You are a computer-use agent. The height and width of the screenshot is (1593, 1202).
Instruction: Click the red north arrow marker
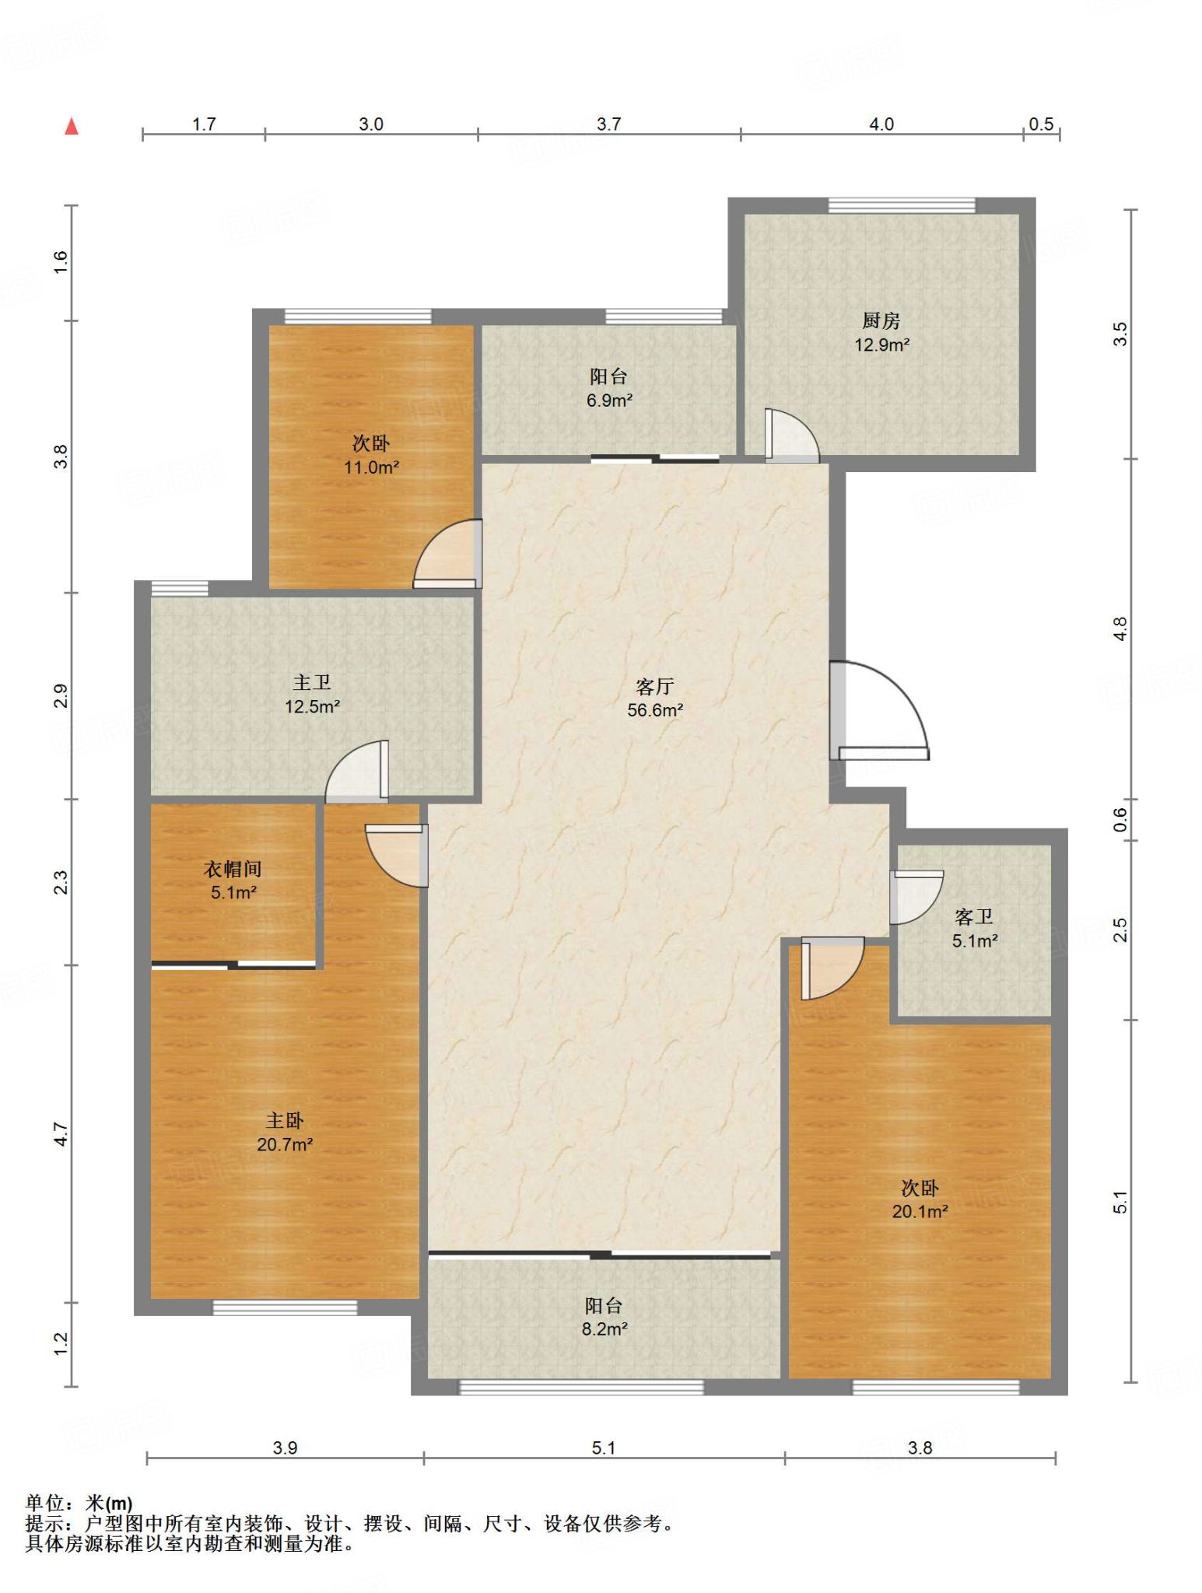point(72,126)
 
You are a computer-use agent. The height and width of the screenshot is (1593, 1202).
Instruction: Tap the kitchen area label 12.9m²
point(882,345)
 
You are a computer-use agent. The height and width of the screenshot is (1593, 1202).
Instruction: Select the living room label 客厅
point(654,687)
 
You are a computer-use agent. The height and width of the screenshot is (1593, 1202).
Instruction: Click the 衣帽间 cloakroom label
point(233,869)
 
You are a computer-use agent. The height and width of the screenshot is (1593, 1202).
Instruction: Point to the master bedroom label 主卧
point(285,1121)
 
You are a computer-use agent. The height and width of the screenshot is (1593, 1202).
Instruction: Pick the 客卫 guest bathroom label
point(974,917)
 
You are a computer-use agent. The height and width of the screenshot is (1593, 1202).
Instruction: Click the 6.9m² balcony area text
point(609,401)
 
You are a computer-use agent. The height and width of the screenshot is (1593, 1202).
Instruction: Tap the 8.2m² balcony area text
point(605,1329)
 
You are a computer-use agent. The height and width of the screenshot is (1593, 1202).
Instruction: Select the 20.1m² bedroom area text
point(920,1211)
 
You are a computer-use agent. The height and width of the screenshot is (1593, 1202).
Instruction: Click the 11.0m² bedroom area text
point(372,467)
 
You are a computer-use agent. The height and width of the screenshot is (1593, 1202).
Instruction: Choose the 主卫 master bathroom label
point(312,683)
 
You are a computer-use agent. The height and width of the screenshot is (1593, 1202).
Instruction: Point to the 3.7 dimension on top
point(609,124)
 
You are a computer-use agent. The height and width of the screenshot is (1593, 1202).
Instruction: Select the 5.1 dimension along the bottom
point(604,1448)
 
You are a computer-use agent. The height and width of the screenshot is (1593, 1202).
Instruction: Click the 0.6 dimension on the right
point(1120,820)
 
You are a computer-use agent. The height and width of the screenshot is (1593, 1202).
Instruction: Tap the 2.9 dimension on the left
point(61,695)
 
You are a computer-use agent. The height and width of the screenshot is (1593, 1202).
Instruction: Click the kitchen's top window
point(902,205)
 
